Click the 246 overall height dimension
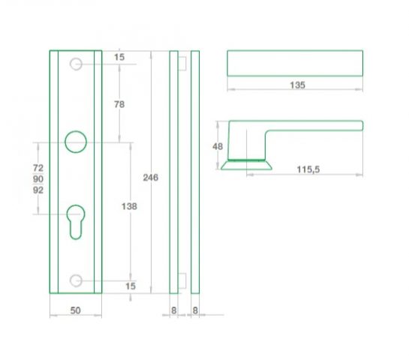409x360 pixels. pos(151,178)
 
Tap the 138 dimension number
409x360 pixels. pos(129,206)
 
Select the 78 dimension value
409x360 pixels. pos(119,104)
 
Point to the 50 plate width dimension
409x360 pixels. pos(75,310)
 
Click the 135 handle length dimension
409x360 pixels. pos(298,85)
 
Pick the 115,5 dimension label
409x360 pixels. pos(308,169)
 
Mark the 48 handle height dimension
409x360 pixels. pos(218,146)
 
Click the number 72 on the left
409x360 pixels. pos(38,167)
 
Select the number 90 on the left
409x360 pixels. pos(38,178)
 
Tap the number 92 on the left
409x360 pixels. pos(38,190)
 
